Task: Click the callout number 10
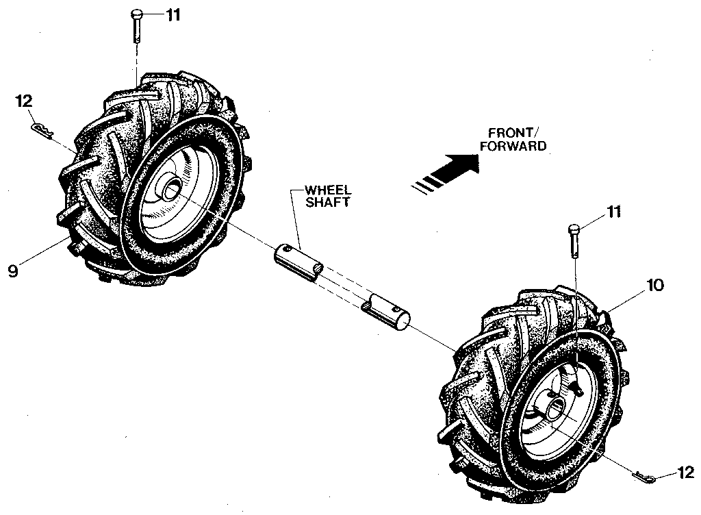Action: pos(654,285)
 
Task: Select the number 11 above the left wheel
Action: pos(173,14)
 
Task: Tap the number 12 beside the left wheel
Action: pos(24,102)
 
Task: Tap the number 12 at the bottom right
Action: pos(685,472)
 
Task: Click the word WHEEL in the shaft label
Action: pos(321,190)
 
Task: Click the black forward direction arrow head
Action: pos(465,164)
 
